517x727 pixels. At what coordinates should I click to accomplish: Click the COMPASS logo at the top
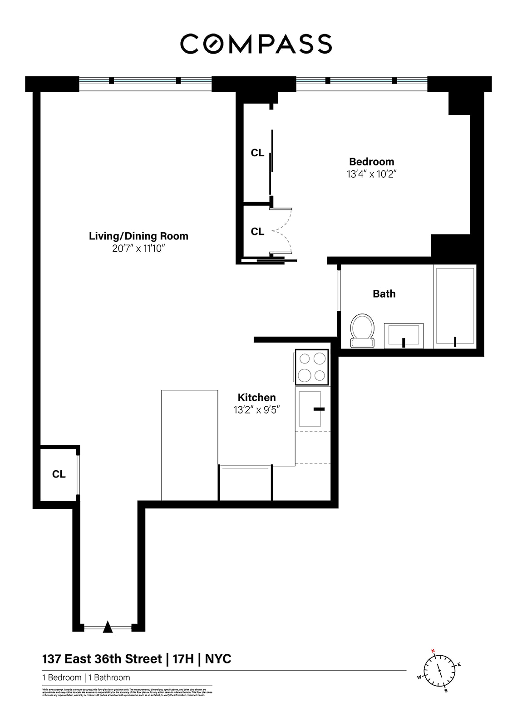[x=256, y=44]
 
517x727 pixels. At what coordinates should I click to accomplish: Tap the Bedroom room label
[x=371, y=162]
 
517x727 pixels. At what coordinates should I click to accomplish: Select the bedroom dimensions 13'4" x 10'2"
[x=371, y=174]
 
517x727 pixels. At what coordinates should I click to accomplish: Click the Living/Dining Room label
[x=138, y=236]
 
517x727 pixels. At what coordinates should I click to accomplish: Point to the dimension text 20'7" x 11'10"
[x=138, y=249]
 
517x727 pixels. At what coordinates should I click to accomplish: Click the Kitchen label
[x=256, y=398]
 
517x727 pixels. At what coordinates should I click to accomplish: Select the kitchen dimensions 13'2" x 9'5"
[x=256, y=410]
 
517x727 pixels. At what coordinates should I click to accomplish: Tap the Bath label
[x=384, y=294]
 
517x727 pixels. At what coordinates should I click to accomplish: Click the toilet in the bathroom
[x=362, y=330]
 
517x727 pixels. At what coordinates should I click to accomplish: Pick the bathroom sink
[x=404, y=335]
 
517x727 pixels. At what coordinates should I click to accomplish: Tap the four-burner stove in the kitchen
[x=312, y=367]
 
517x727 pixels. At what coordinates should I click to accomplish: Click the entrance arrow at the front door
[x=108, y=627]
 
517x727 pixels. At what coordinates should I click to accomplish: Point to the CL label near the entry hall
[x=59, y=474]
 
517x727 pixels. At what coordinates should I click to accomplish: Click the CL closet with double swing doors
[x=257, y=232]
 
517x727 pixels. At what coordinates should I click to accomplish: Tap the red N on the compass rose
[x=433, y=651]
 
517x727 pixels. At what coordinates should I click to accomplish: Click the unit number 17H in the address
[x=183, y=659]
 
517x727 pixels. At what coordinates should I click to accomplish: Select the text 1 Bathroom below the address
[x=109, y=677]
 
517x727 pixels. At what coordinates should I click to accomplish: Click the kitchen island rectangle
[x=189, y=445]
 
